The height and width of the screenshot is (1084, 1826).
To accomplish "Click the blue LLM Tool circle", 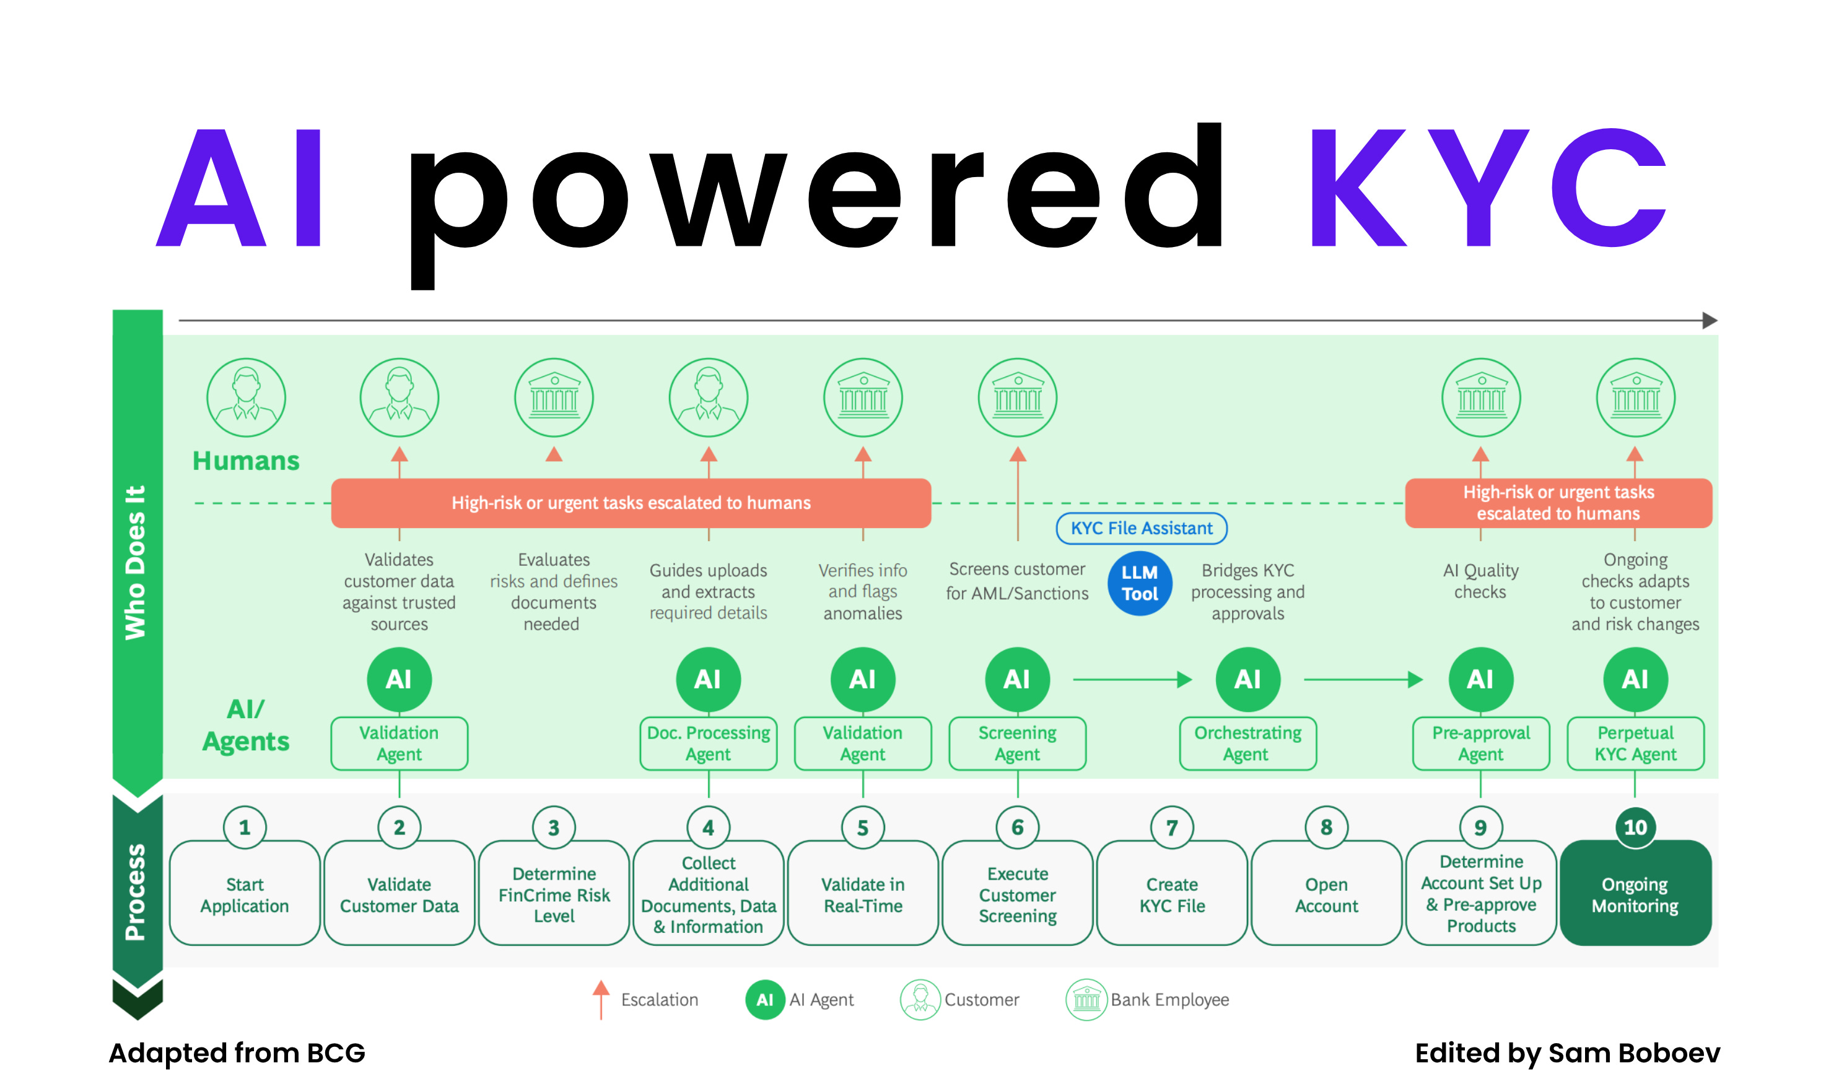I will click(x=1139, y=584).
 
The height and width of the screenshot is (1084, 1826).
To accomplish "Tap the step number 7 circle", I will click(x=1172, y=828).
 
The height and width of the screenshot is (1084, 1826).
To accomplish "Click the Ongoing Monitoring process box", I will click(x=1635, y=895).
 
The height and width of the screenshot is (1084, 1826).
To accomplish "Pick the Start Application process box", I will click(x=245, y=895).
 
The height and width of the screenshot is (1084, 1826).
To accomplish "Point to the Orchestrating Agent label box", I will click(x=1247, y=743).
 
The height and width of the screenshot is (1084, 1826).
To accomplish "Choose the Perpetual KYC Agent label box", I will click(x=1635, y=743).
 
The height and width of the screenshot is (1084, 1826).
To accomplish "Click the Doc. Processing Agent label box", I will click(x=708, y=743).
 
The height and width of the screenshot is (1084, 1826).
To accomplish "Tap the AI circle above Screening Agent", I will click(x=1017, y=679).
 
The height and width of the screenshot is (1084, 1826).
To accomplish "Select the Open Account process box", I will click(x=1326, y=895).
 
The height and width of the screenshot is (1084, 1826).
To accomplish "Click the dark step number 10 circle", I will click(x=1635, y=828).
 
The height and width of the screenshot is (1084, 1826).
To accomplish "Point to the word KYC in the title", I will click(x=1487, y=188).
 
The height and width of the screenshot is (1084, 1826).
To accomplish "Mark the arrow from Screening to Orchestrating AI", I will click(x=1132, y=679).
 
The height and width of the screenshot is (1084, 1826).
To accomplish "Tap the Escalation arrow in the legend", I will click(x=601, y=999).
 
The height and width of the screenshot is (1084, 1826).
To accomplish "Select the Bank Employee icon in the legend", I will click(x=1086, y=999).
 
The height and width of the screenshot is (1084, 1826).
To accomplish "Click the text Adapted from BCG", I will click(x=237, y=1052).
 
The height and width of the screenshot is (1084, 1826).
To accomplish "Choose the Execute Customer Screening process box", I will click(x=1017, y=895).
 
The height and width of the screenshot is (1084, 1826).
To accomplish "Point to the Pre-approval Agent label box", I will click(x=1480, y=743).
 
